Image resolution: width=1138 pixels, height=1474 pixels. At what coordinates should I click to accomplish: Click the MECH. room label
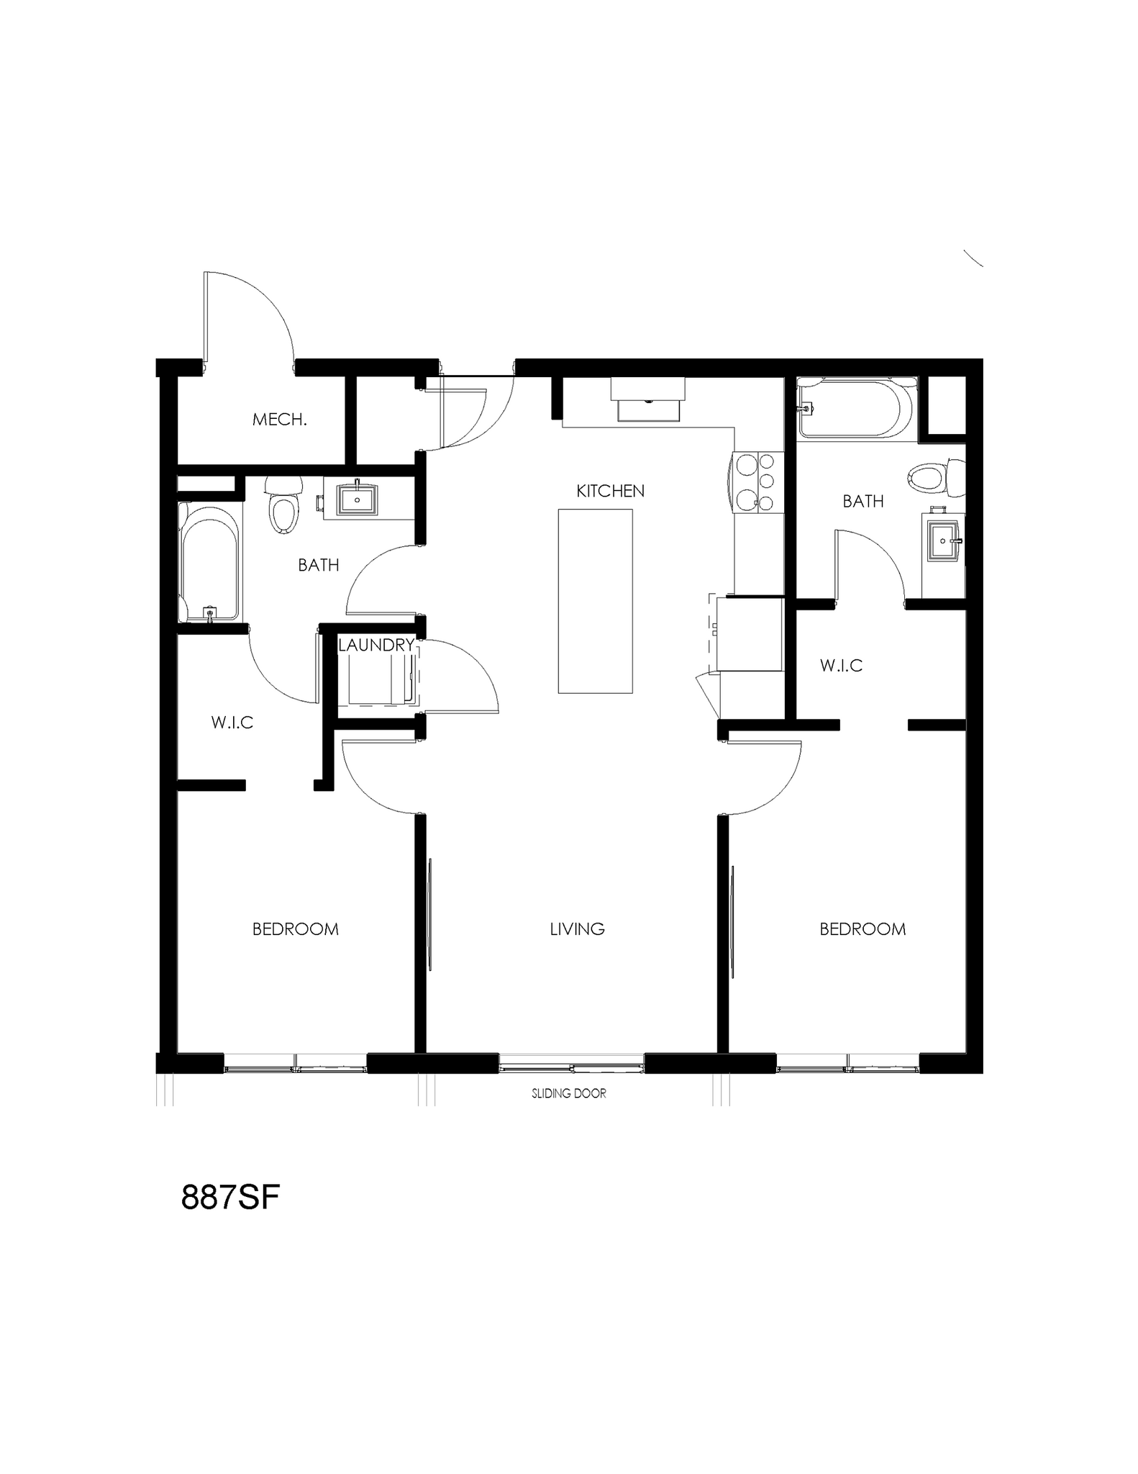point(279,420)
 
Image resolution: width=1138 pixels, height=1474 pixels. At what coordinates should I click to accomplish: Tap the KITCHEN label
point(610,491)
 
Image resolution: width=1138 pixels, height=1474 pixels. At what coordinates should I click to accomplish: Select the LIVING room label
point(577,929)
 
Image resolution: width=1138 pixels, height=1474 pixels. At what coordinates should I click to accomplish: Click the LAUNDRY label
point(376,645)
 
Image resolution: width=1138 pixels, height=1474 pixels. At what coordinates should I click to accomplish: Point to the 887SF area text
point(230,1198)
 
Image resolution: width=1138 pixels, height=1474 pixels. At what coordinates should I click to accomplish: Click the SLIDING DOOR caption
point(568,1093)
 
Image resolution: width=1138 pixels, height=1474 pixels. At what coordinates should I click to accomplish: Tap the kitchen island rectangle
point(595,601)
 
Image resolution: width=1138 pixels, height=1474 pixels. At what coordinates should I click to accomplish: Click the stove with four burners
point(756,482)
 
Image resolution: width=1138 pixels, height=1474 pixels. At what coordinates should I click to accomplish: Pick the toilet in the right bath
point(934,478)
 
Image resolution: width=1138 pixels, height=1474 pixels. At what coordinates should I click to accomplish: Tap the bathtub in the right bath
point(856,408)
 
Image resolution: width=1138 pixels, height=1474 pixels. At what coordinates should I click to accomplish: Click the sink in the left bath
point(358,499)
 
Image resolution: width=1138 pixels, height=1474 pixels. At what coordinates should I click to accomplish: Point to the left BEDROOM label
point(295,929)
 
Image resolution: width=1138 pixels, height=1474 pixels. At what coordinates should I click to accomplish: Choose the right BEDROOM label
point(862,929)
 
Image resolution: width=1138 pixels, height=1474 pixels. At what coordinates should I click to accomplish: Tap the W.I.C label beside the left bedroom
point(232,723)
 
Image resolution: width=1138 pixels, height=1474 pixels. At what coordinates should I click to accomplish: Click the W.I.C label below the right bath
point(841,666)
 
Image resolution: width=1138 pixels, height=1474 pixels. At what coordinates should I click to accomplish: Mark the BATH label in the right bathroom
point(862,502)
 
